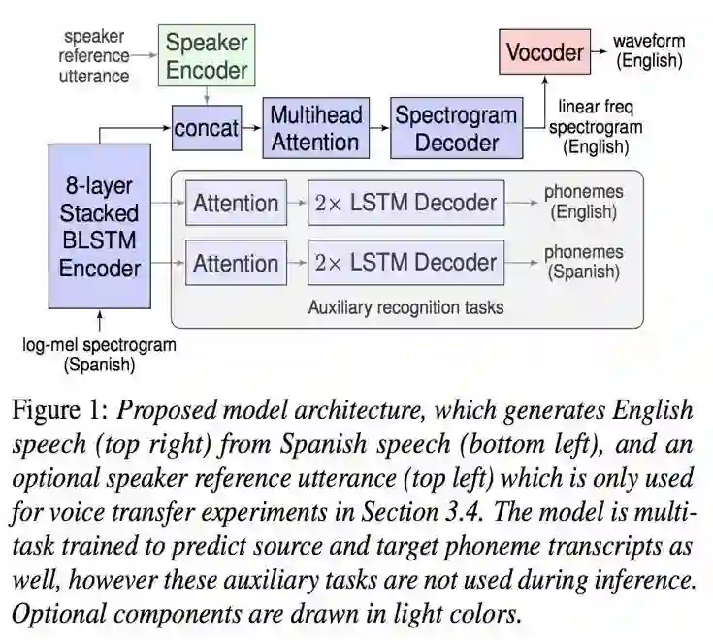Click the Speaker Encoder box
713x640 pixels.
[206, 56]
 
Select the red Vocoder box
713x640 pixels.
[544, 51]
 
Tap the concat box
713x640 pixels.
[206, 128]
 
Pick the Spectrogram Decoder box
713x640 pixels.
[455, 128]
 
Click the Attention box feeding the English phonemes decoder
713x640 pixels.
[236, 203]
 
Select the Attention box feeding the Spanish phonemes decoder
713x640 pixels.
[236, 262]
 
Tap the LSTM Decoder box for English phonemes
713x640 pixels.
[405, 203]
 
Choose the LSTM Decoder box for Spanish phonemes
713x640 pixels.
[405, 262]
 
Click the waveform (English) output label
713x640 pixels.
[649, 51]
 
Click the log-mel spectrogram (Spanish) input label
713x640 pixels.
[99, 354]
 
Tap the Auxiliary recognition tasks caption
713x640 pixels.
[405, 308]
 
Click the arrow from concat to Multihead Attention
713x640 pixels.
[253, 128]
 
